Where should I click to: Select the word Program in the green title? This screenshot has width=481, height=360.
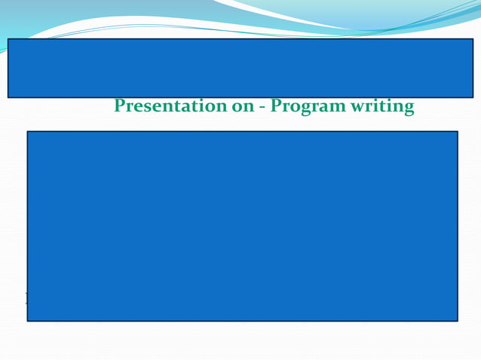(x=308, y=107)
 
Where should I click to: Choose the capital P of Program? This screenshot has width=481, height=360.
(x=276, y=106)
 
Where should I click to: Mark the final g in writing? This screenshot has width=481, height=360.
(x=409, y=109)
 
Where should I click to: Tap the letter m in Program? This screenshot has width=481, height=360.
(x=336, y=108)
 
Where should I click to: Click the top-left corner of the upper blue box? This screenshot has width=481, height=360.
(x=8, y=39)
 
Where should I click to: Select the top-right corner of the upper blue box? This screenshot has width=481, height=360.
(x=473, y=39)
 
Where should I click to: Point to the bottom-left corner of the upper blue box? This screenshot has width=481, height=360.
(x=8, y=97)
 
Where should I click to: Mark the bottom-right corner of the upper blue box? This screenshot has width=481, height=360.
(x=473, y=97)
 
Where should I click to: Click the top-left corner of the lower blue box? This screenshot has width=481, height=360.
(x=28, y=132)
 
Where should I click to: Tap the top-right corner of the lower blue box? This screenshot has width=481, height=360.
(x=457, y=132)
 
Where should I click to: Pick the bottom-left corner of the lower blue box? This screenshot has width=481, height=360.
(x=28, y=321)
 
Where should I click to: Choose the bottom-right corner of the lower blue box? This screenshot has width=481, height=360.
(x=457, y=321)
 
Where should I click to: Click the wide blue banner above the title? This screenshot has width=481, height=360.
(x=240, y=68)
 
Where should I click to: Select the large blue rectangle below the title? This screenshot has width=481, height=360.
(x=242, y=226)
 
